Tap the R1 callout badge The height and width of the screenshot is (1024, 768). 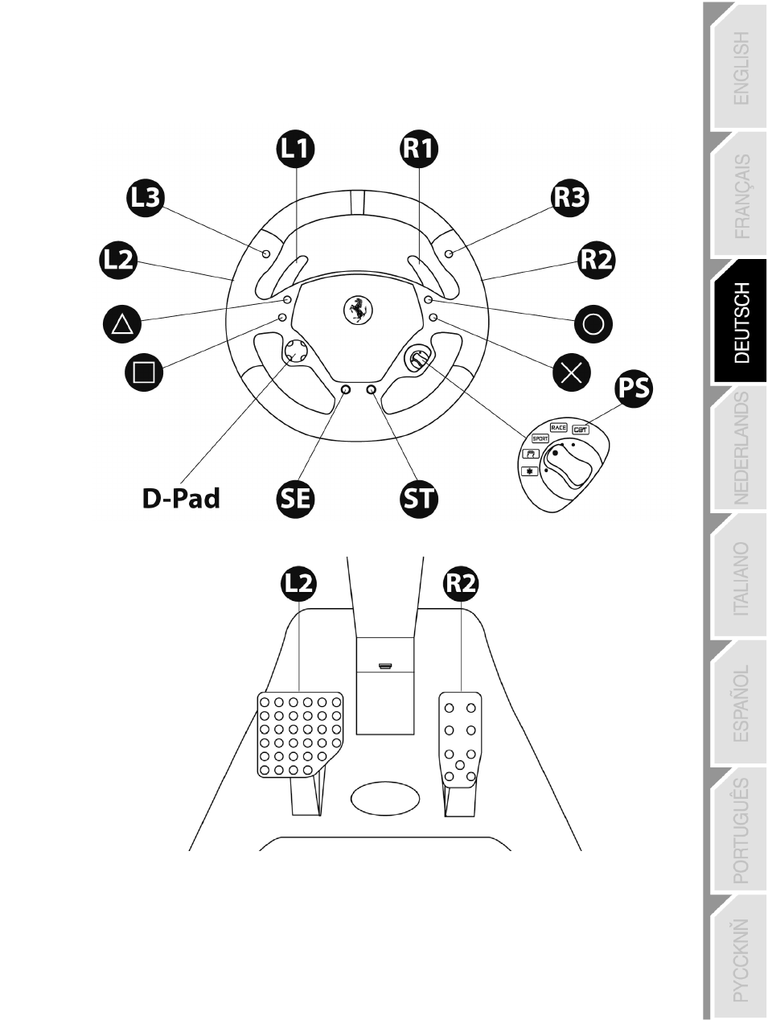pos(419,148)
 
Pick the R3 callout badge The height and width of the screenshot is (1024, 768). pos(570,197)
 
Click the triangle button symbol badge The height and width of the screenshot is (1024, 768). pos(122,323)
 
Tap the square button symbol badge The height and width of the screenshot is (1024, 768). pos(144,372)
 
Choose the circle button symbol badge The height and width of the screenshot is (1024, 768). pos(593,324)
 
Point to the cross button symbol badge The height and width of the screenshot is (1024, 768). pos(572,372)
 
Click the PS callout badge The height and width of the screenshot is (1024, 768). pos(634,389)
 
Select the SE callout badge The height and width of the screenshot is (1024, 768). pos(295,499)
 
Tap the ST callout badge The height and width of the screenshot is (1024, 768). pos(419,499)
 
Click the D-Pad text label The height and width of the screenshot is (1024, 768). pos(181,499)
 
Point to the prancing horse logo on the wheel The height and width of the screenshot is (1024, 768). pos(356,309)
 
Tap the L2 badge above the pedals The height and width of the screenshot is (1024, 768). pos(298,583)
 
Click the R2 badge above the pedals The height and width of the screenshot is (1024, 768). pos(461,583)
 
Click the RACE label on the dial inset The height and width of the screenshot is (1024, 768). pos(559,428)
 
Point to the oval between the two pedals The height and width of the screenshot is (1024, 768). pos(385,798)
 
